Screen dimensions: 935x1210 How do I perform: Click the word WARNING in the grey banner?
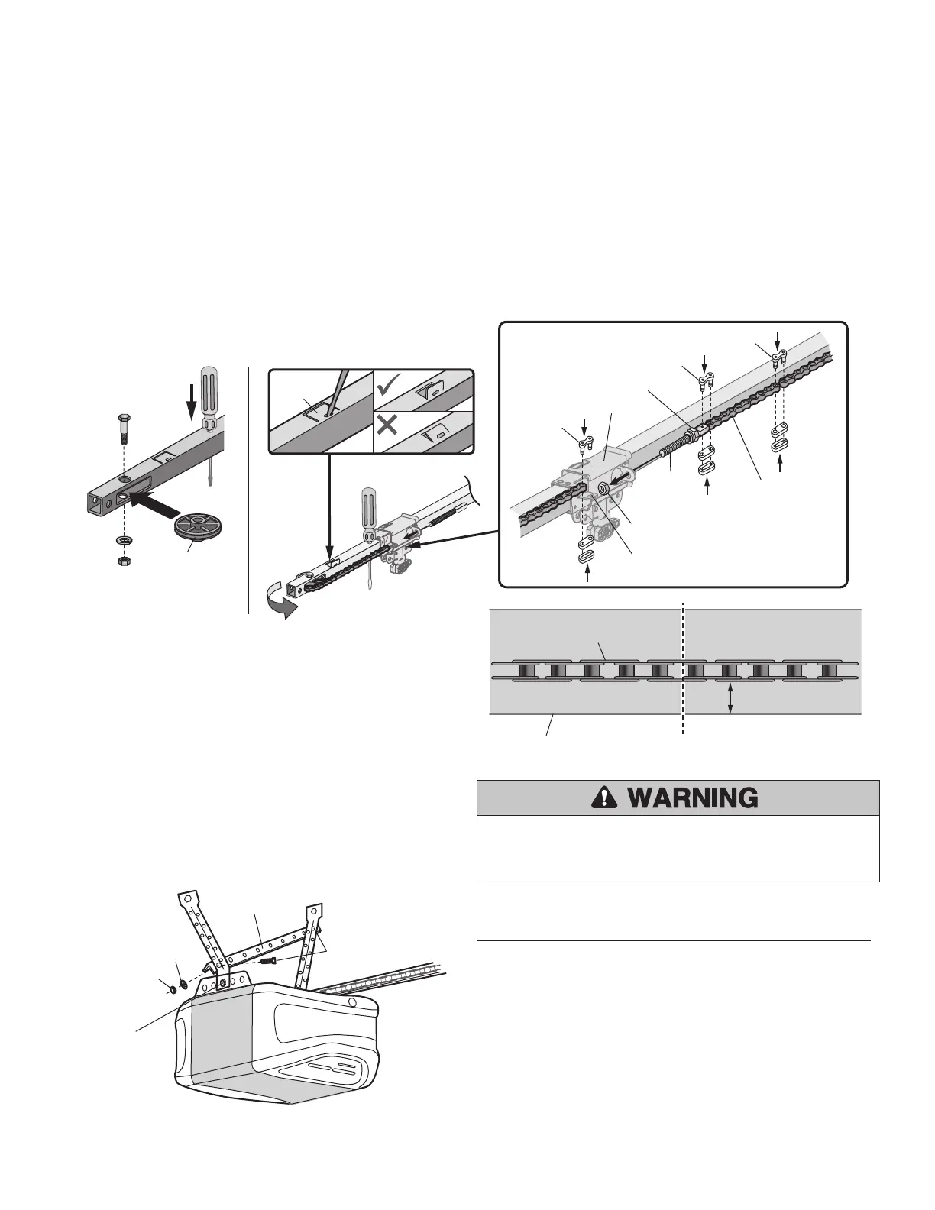coord(693,798)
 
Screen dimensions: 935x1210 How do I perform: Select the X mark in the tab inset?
coord(387,425)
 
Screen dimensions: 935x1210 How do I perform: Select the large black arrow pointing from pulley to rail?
coord(154,500)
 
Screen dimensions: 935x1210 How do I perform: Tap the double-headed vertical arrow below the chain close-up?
coord(731,698)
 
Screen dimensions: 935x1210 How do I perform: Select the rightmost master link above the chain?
coord(778,359)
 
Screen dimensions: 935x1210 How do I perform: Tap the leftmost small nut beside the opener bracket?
coord(173,989)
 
